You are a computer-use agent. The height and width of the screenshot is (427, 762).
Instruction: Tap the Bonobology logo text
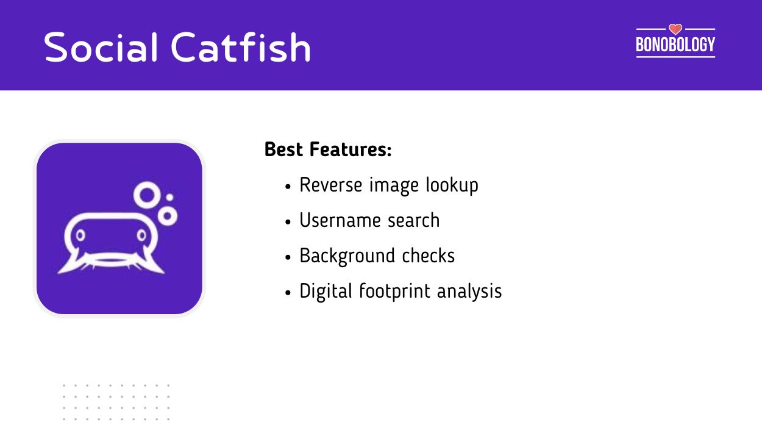click(x=675, y=45)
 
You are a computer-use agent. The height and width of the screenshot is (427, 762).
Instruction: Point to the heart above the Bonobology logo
click(x=675, y=29)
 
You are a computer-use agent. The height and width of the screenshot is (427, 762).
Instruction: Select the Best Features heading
click(x=328, y=149)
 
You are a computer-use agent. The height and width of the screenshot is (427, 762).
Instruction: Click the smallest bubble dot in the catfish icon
click(x=169, y=197)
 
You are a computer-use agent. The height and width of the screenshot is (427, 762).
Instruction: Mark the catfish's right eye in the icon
click(x=141, y=234)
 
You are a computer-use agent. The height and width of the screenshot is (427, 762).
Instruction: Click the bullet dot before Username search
click(x=288, y=221)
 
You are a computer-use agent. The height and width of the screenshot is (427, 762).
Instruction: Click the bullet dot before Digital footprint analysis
click(x=288, y=292)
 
